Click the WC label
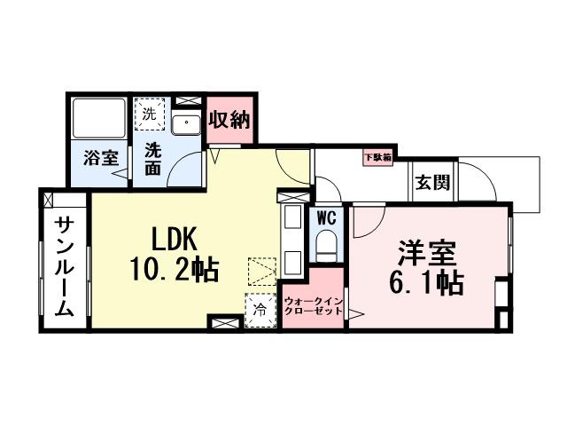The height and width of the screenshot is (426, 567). coord(325,216)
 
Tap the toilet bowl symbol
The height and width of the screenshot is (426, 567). coord(326,243)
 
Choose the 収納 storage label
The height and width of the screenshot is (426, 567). coord(229,121)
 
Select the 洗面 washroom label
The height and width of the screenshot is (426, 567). coord(153,158)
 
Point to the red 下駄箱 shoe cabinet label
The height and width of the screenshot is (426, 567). coord(376,158)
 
